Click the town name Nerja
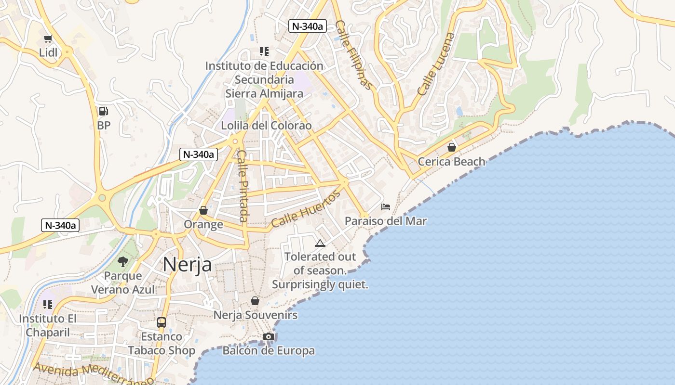(x=187, y=264)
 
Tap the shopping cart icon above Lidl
(x=48, y=39)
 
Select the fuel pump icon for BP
(x=103, y=111)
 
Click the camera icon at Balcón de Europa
(x=269, y=336)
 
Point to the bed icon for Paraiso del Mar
(x=386, y=207)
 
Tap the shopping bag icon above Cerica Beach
(x=452, y=147)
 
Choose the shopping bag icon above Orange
(x=203, y=210)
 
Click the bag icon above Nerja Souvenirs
(x=255, y=301)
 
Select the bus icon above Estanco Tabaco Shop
(x=162, y=322)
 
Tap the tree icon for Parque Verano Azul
(x=123, y=261)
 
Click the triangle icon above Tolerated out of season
(x=320, y=243)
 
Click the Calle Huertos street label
(x=306, y=209)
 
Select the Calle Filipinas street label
(x=354, y=55)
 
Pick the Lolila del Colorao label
(x=266, y=126)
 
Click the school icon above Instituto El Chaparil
(x=48, y=304)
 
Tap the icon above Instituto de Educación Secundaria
(x=264, y=51)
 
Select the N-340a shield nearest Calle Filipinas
(x=308, y=26)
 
